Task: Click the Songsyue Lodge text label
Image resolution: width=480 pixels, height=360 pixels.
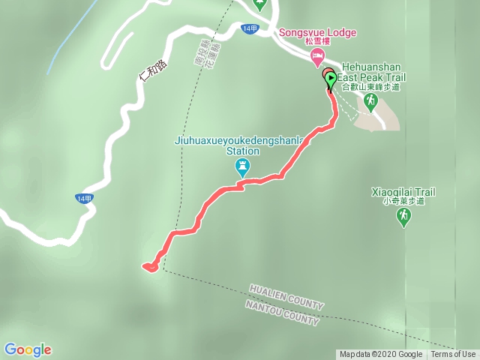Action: point(317,33)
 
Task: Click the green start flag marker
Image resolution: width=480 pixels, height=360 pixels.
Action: point(330,77)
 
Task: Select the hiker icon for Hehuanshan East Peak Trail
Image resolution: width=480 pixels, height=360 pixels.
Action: point(369,99)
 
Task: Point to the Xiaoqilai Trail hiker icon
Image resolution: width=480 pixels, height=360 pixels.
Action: point(403,217)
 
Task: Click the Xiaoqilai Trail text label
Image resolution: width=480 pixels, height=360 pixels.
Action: point(403,192)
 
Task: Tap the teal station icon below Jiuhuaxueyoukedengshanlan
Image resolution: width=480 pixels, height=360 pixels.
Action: point(242,166)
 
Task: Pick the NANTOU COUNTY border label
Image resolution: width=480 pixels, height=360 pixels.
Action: point(282,313)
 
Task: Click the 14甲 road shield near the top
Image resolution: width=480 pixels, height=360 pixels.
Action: point(251,28)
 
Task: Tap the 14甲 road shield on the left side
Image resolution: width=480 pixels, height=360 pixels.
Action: point(84,198)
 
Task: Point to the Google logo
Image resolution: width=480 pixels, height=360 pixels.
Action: point(28,349)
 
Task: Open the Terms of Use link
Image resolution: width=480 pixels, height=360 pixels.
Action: point(453,355)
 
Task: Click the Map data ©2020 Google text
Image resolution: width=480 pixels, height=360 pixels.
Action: point(380,355)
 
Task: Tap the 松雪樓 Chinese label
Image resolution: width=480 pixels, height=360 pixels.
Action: point(316,43)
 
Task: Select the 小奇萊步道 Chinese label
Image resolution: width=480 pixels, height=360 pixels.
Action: point(403,201)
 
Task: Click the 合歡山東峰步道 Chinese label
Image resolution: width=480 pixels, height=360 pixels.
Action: point(370,86)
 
